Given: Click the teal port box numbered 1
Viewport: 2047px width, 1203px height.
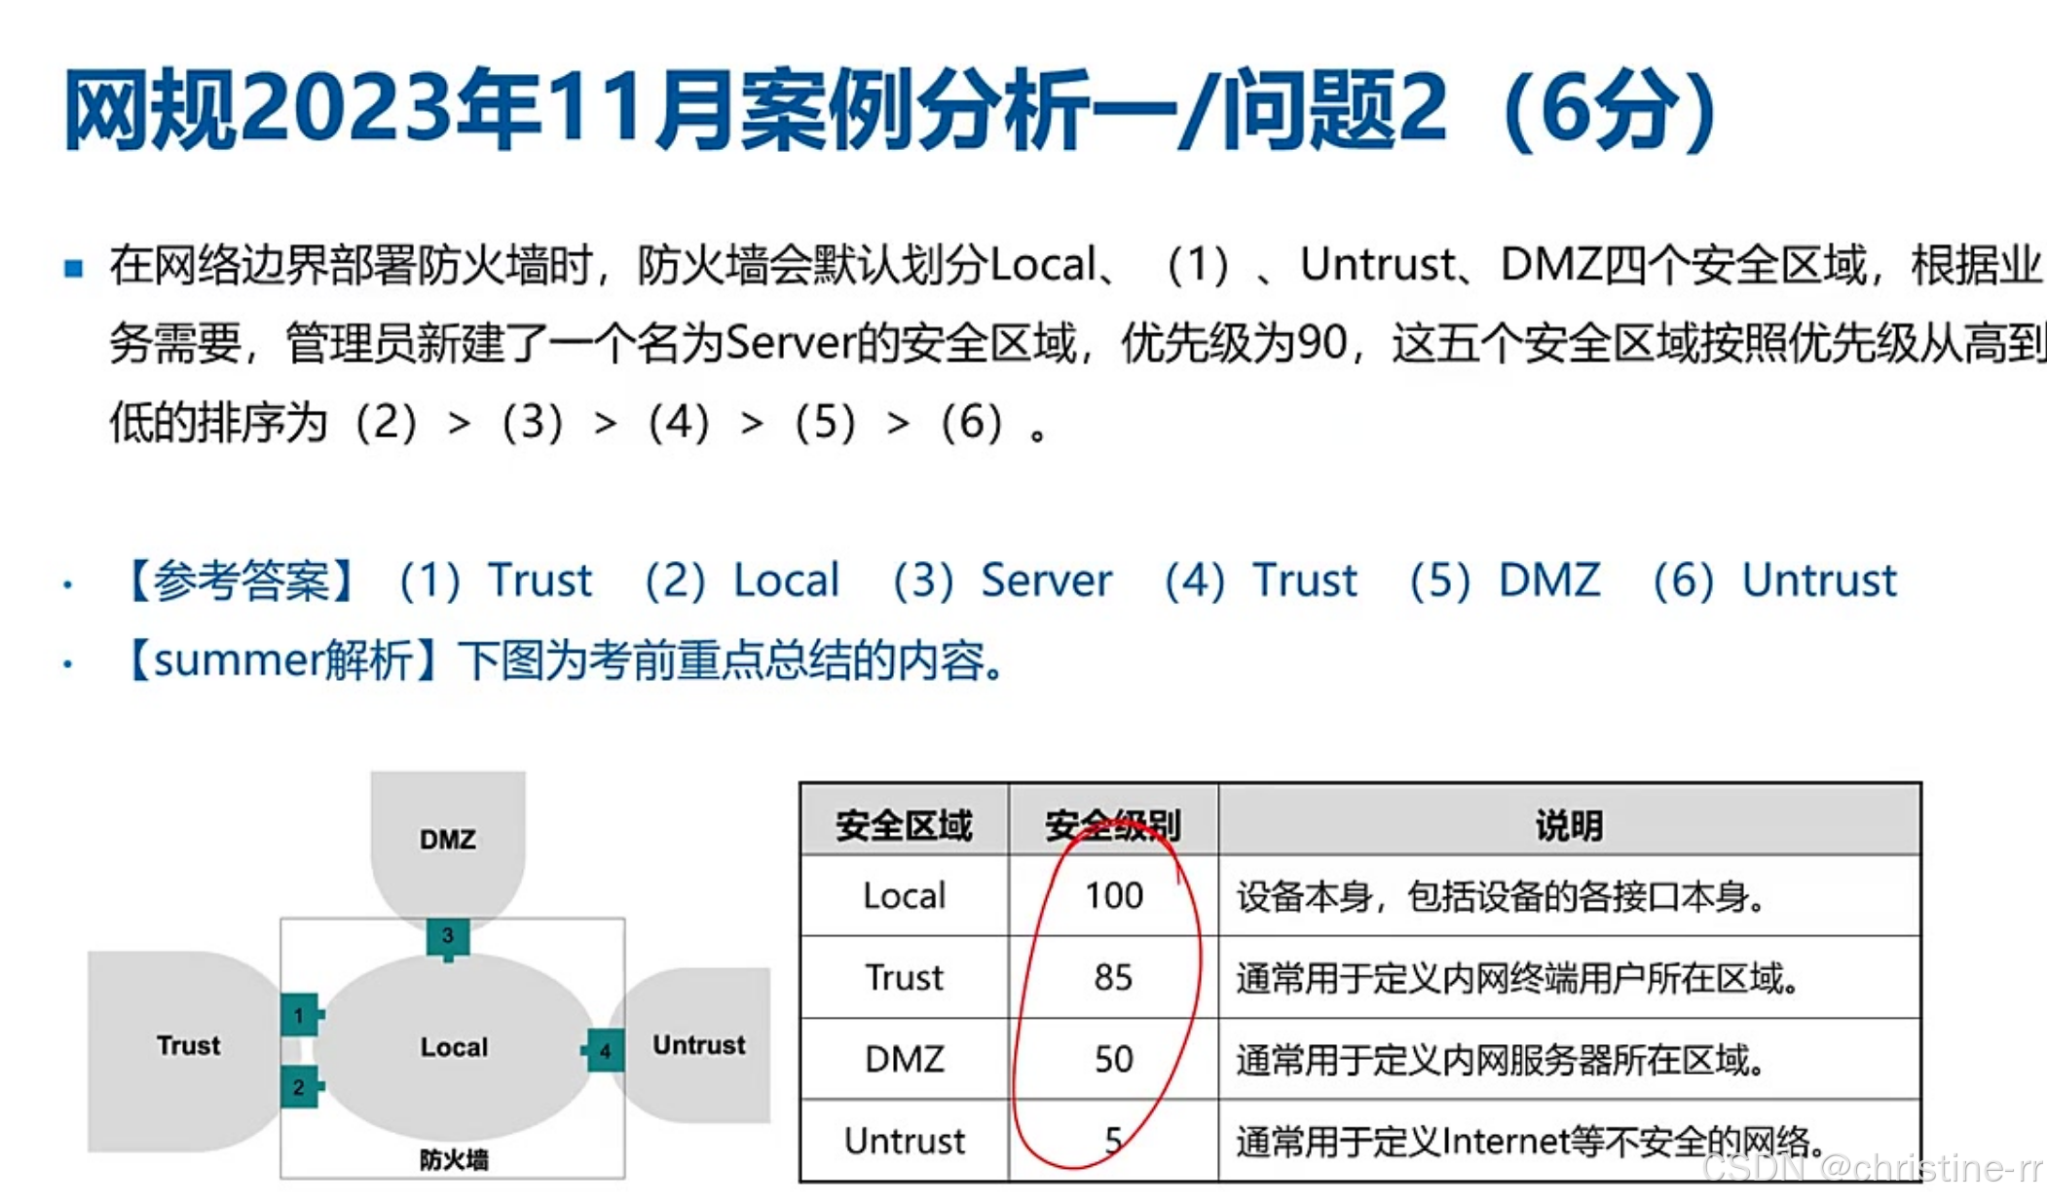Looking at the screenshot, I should click(299, 1015).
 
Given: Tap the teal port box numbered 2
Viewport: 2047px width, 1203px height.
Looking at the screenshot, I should click(299, 1086).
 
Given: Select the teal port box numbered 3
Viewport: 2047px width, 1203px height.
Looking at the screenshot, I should click(448, 936).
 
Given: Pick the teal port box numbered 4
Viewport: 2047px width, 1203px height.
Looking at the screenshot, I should click(605, 1051).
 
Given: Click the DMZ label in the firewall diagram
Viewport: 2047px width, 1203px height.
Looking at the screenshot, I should click(448, 839).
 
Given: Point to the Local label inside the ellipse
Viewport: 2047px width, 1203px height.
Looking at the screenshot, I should click(454, 1047).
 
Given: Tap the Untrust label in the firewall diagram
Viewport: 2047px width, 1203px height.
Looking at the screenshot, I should click(698, 1045).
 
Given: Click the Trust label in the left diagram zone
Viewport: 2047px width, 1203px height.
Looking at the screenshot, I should click(188, 1045).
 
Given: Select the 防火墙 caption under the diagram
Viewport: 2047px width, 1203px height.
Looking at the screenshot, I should click(454, 1159).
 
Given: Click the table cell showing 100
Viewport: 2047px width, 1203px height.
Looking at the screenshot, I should click(1113, 895).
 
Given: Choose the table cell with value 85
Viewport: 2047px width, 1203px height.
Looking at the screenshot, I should click(1113, 977).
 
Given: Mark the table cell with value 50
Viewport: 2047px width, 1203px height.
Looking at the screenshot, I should click(1113, 1059).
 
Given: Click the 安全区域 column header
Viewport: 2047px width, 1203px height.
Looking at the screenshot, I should click(904, 825).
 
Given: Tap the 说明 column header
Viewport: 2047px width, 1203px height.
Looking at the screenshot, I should click(1569, 825).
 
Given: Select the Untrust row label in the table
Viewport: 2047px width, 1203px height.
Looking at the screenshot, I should click(904, 1141).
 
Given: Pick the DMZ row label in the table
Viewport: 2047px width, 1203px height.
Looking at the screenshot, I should click(904, 1059).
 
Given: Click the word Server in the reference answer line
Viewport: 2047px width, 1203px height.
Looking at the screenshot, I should click(1046, 581).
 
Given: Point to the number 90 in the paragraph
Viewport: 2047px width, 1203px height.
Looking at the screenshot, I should click(1323, 343).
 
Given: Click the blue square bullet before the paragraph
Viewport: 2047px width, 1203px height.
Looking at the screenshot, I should click(73, 268).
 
